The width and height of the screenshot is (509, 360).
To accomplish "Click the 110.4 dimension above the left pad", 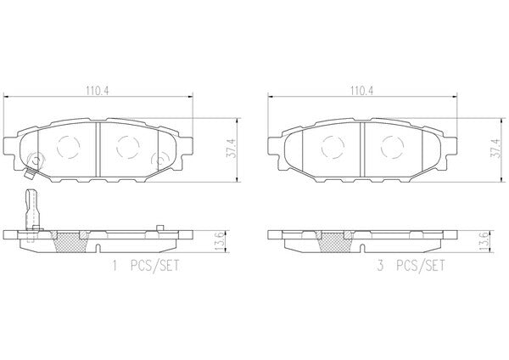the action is pyautogui.click(x=98, y=91).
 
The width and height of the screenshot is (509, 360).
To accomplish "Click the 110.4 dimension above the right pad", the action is pyautogui.click(x=361, y=91).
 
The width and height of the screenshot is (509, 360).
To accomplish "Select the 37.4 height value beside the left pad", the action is pyautogui.click(x=232, y=148).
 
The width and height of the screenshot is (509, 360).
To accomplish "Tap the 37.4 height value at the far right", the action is pyautogui.click(x=496, y=148).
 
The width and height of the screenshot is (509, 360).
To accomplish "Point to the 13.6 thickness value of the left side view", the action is pyautogui.click(x=220, y=241).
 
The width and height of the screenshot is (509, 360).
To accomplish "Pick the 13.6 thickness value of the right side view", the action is pyautogui.click(x=484, y=241).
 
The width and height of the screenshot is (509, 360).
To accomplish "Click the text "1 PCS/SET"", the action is pyautogui.click(x=145, y=266).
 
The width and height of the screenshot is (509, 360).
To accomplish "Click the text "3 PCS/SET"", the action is pyautogui.click(x=411, y=266).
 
